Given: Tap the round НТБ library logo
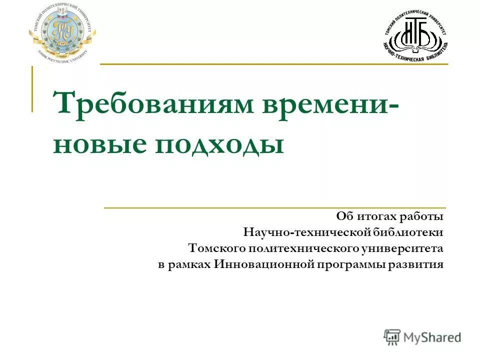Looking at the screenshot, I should click(415, 35).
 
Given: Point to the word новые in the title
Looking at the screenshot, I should click(99, 144).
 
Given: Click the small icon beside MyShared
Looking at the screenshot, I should click(392, 337).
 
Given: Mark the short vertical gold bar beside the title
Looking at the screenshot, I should click(32, 89).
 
